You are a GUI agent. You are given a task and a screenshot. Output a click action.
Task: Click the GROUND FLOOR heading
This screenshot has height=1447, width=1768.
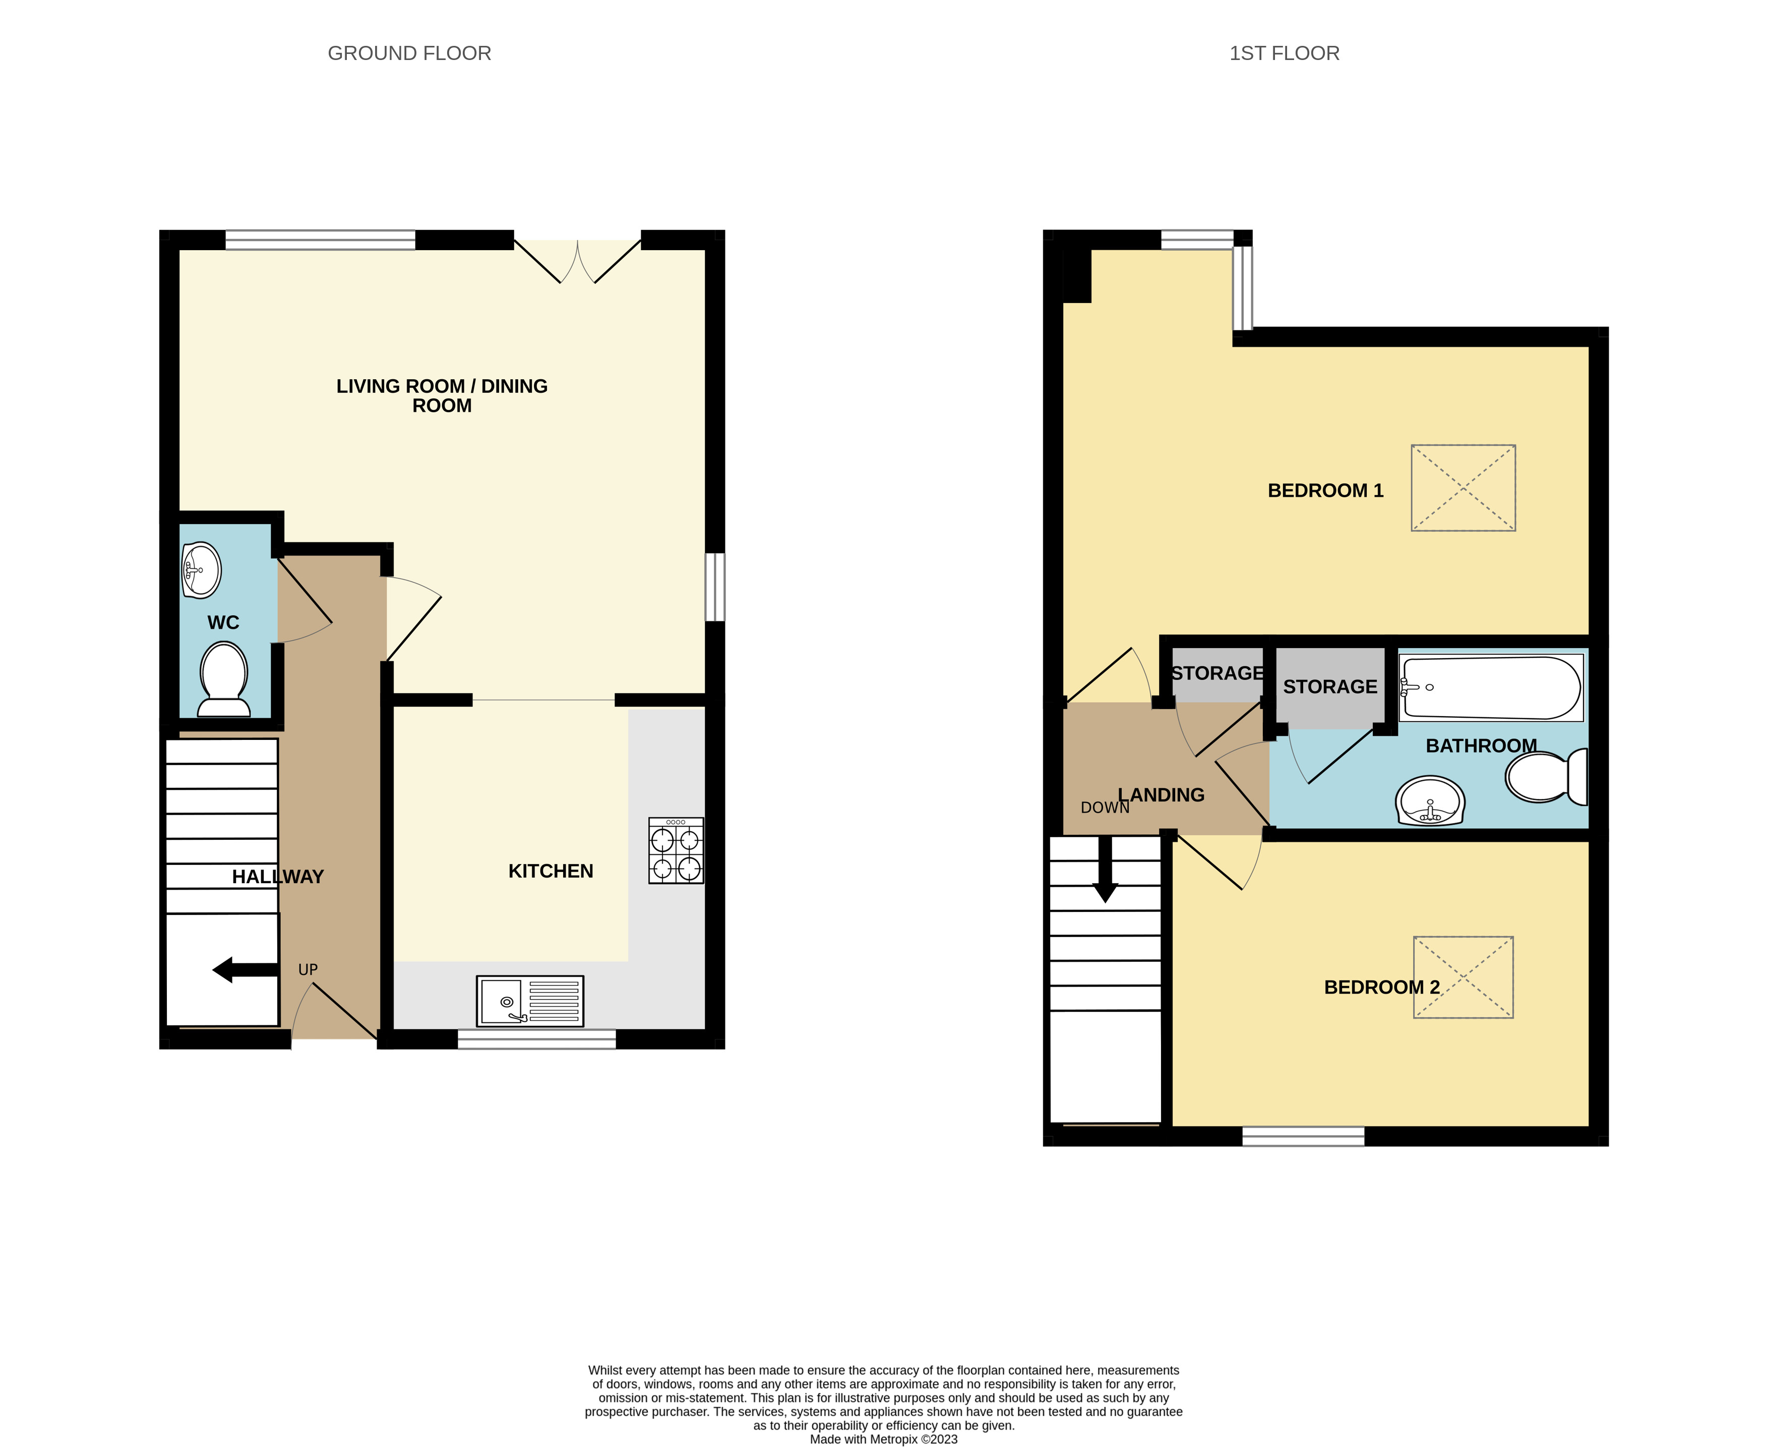(x=409, y=53)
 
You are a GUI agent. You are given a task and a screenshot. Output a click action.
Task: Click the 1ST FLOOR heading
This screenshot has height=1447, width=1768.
(x=1284, y=53)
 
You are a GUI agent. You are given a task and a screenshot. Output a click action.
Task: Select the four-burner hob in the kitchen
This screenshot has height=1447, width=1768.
(x=676, y=850)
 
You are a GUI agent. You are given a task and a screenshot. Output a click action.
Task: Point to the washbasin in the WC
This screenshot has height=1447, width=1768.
(x=202, y=570)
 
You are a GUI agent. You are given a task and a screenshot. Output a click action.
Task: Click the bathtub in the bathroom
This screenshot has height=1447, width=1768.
(x=1491, y=687)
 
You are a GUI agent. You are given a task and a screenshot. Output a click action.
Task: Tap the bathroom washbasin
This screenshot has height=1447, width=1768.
(x=1430, y=801)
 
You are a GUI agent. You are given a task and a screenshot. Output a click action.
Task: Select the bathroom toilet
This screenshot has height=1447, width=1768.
(x=1546, y=776)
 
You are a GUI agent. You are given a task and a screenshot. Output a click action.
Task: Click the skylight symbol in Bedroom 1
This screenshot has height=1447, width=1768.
(x=1463, y=488)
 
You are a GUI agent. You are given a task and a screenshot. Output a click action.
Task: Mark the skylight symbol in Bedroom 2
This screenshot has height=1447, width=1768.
(x=1463, y=977)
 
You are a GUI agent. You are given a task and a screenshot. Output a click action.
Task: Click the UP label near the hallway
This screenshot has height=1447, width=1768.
(x=308, y=969)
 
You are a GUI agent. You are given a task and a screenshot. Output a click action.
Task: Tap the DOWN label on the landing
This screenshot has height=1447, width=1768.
(x=1105, y=807)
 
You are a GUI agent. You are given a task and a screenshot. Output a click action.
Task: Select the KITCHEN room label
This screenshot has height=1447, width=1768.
(x=551, y=871)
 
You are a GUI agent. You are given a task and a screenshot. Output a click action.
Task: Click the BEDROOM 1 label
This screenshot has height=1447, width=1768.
(x=1325, y=491)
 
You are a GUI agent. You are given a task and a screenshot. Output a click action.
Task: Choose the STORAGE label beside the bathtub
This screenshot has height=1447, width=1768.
(x=1330, y=687)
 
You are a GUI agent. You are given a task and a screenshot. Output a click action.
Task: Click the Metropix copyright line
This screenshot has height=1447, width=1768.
(x=884, y=1438)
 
